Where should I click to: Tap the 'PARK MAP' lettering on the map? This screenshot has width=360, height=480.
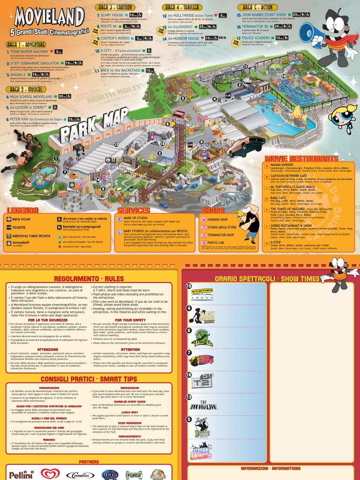pyautogui.click(x=94, y=126)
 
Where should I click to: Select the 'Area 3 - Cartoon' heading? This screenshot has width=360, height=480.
pyautogui.click(x=115, y=7)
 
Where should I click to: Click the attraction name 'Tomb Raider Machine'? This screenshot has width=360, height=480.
pyautogui.click(x=29, y=52)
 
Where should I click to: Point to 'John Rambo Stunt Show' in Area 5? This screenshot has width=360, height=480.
pyautogui.click(x=264, y=15)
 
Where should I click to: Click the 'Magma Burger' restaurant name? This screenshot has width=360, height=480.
pyautogui.click(x=282, y=165)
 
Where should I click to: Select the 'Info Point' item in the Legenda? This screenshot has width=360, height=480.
pyautogui.click(x=22, y=219)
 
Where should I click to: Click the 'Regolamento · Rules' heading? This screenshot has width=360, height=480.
pyautogui.click(x=89, y=279)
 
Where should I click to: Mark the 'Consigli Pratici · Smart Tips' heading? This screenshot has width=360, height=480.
pyautogui.click(x=89, y=379)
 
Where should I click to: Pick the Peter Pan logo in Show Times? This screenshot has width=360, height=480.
pyautogui.click(x=202, y=337)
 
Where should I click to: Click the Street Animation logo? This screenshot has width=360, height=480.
pyautogui.click(x=202, y=450)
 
